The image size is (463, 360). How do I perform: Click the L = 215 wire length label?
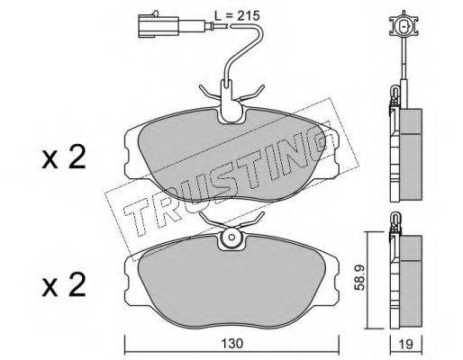[237, 15]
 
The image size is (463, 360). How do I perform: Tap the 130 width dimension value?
[231, 344]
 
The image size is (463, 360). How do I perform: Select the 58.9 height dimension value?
[359, 277]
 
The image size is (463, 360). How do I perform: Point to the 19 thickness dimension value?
[406, 344]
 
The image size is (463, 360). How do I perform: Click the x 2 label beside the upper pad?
[64, 157]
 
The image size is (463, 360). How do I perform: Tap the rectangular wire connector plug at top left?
[159, 26]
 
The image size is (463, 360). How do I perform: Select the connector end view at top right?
[404, 25]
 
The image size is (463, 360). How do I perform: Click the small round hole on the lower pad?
[231, 237]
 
